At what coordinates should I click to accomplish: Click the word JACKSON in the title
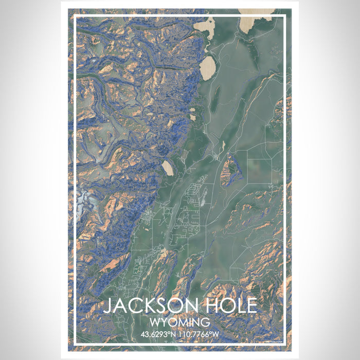pos(146,305)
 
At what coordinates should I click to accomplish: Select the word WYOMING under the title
pos(180,322)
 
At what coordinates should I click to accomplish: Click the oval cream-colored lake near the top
pos(208,68)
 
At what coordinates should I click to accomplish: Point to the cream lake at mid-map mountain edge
pos(168,167)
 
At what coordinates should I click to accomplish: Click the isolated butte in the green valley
pos(231,172)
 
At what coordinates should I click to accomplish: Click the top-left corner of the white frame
pos(76,16)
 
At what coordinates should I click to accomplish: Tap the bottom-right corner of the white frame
pos(285,343)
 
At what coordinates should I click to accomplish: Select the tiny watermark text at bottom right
pos(275,340)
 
